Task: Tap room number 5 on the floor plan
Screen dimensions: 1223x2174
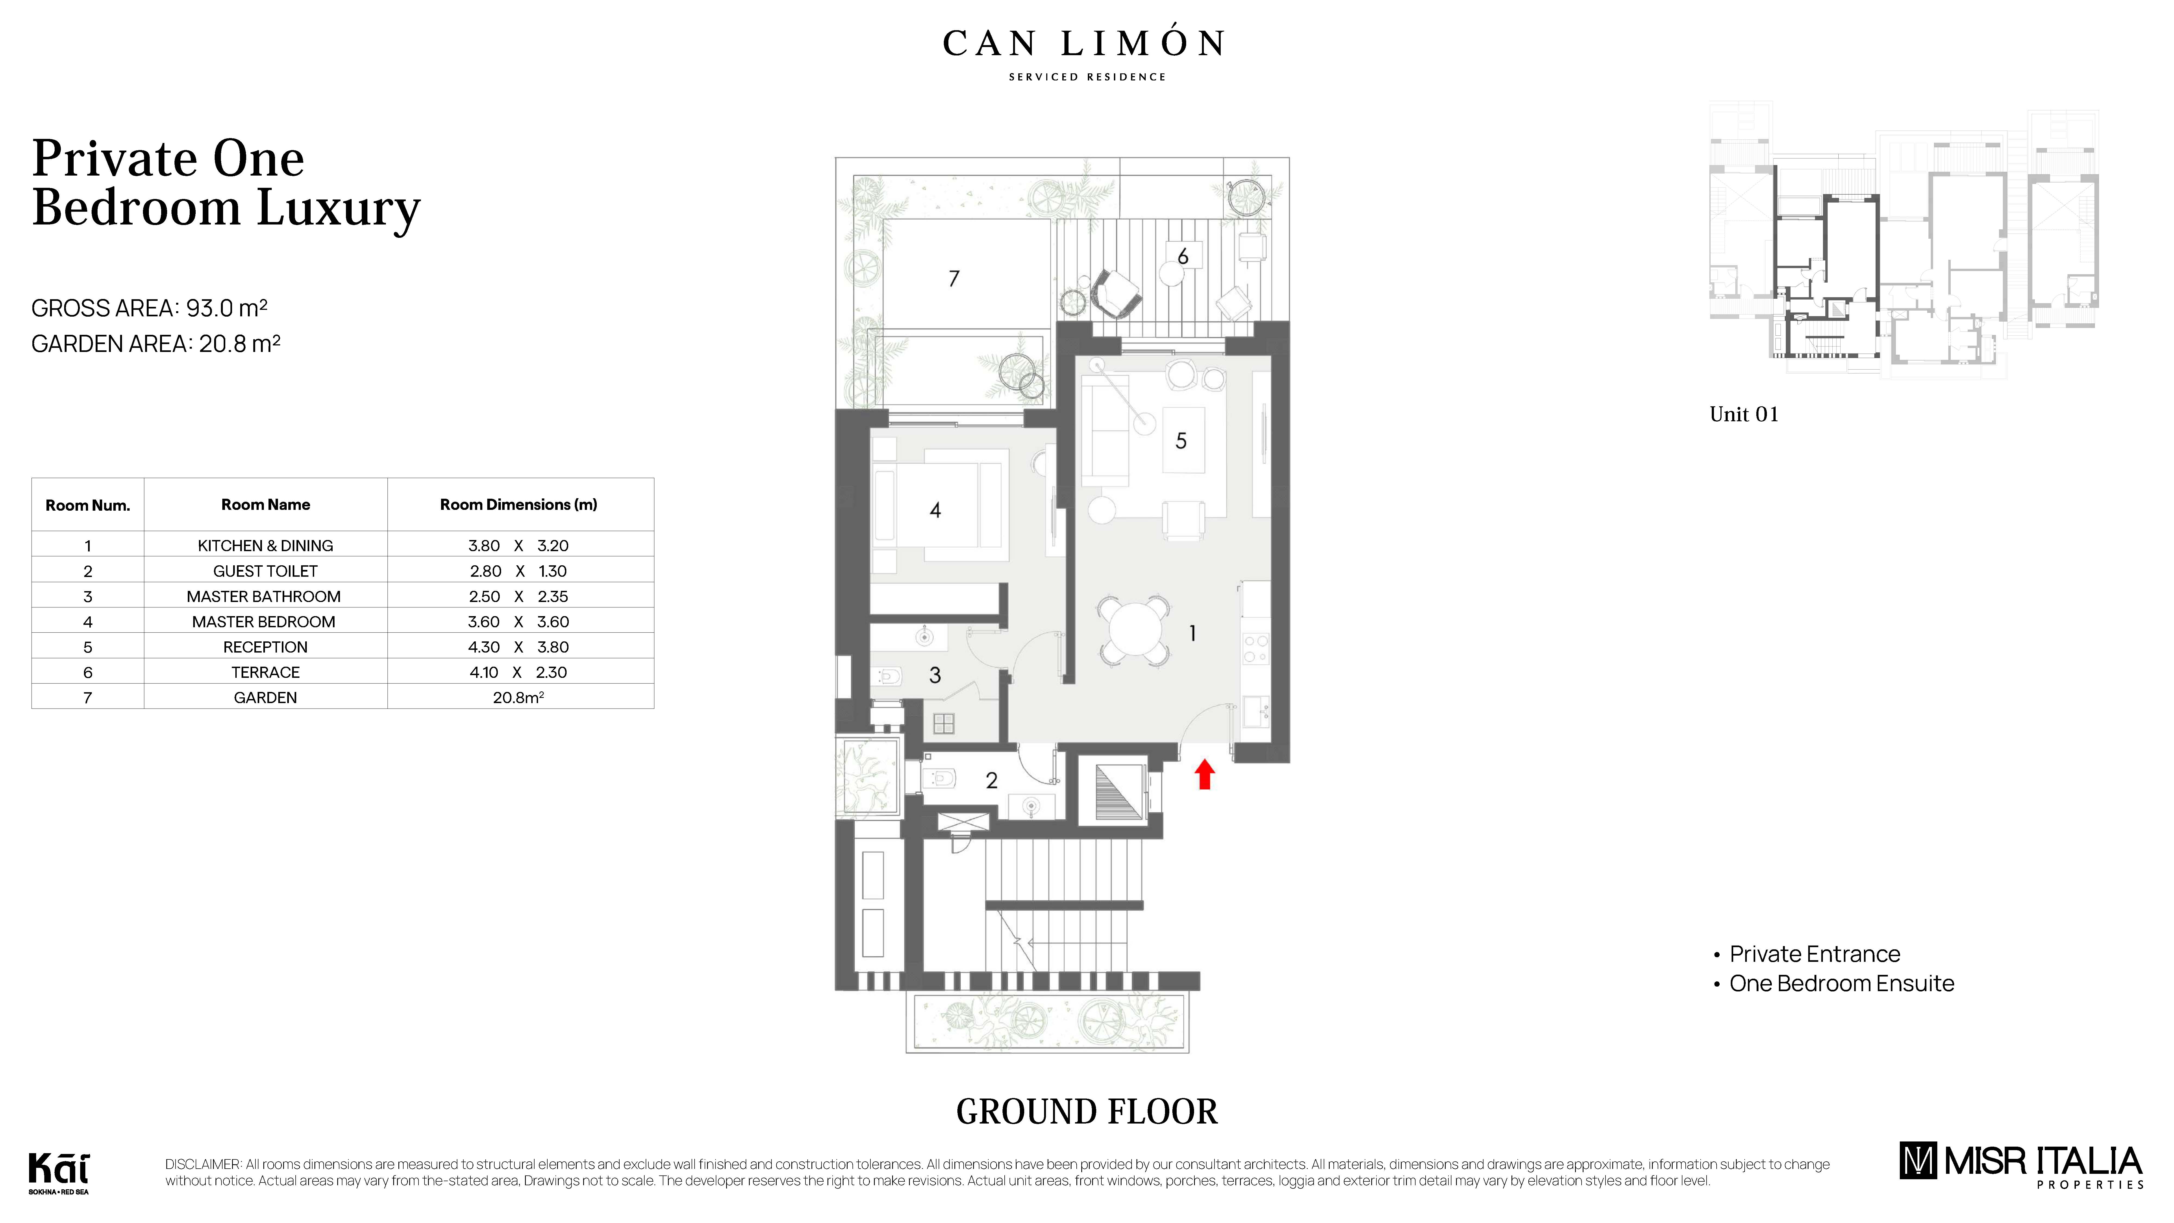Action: (x=1181, y=441)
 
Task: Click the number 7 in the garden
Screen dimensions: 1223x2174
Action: (x=954, y=279)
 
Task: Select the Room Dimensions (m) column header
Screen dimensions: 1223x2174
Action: (x=518, y=505)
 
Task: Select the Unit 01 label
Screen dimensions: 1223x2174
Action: (x=1744, y=414)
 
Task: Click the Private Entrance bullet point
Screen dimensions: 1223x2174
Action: (x=1814, y=954)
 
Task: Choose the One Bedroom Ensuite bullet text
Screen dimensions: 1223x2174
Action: (x=1841, y=983)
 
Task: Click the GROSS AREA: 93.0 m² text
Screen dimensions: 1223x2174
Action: (x=149, y=308)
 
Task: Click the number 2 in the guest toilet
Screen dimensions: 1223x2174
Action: (x=992, y=781)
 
